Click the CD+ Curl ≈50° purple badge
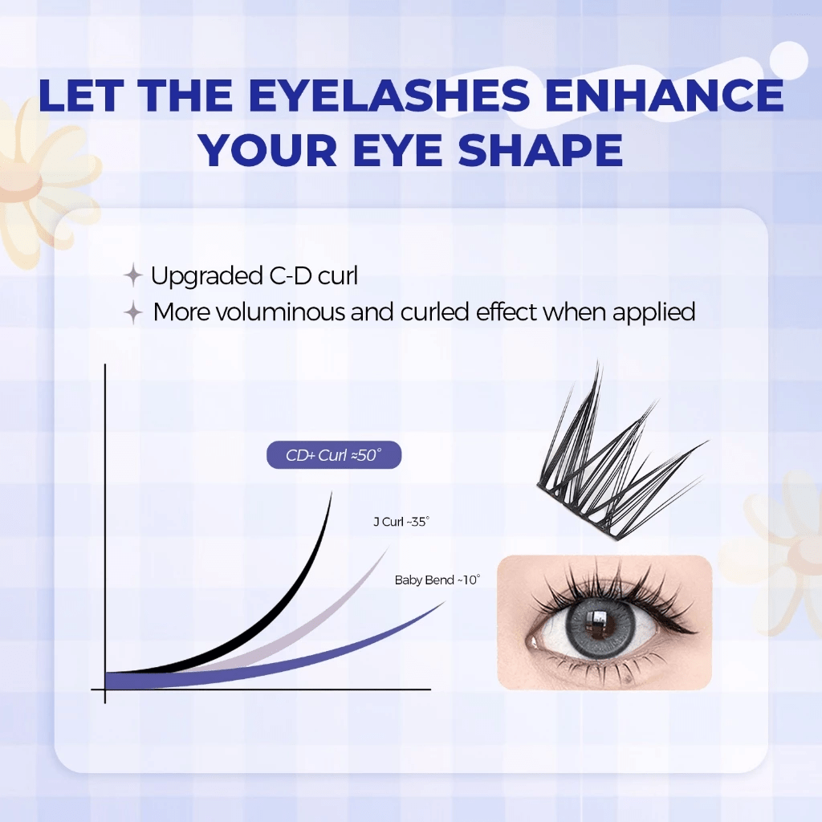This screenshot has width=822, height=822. tap(333, 456)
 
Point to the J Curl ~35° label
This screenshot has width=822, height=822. tap(401, 522)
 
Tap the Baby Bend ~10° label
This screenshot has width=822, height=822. tap(437, 580)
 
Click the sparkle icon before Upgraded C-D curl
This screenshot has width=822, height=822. tap(132, 277)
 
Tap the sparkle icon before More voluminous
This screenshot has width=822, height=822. tap(134, 312)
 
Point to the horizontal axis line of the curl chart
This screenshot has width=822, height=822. tap(265, 689)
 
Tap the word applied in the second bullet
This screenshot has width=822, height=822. tap(653, 311)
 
